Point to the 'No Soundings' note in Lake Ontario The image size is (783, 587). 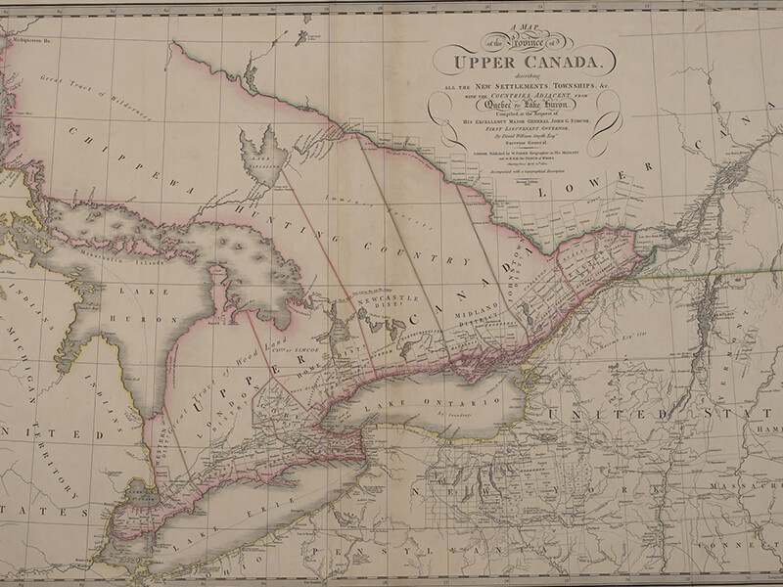pos(451,416)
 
